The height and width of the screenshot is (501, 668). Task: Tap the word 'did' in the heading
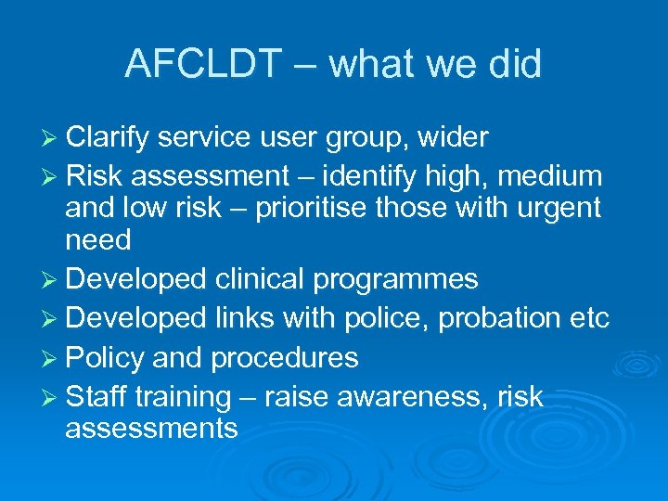(x=512, y=64)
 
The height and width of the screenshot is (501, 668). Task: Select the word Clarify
(x=108, y=138)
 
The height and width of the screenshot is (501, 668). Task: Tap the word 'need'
(x=97, y=240)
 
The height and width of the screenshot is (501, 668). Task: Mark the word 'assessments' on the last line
(x=151, y=429)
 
